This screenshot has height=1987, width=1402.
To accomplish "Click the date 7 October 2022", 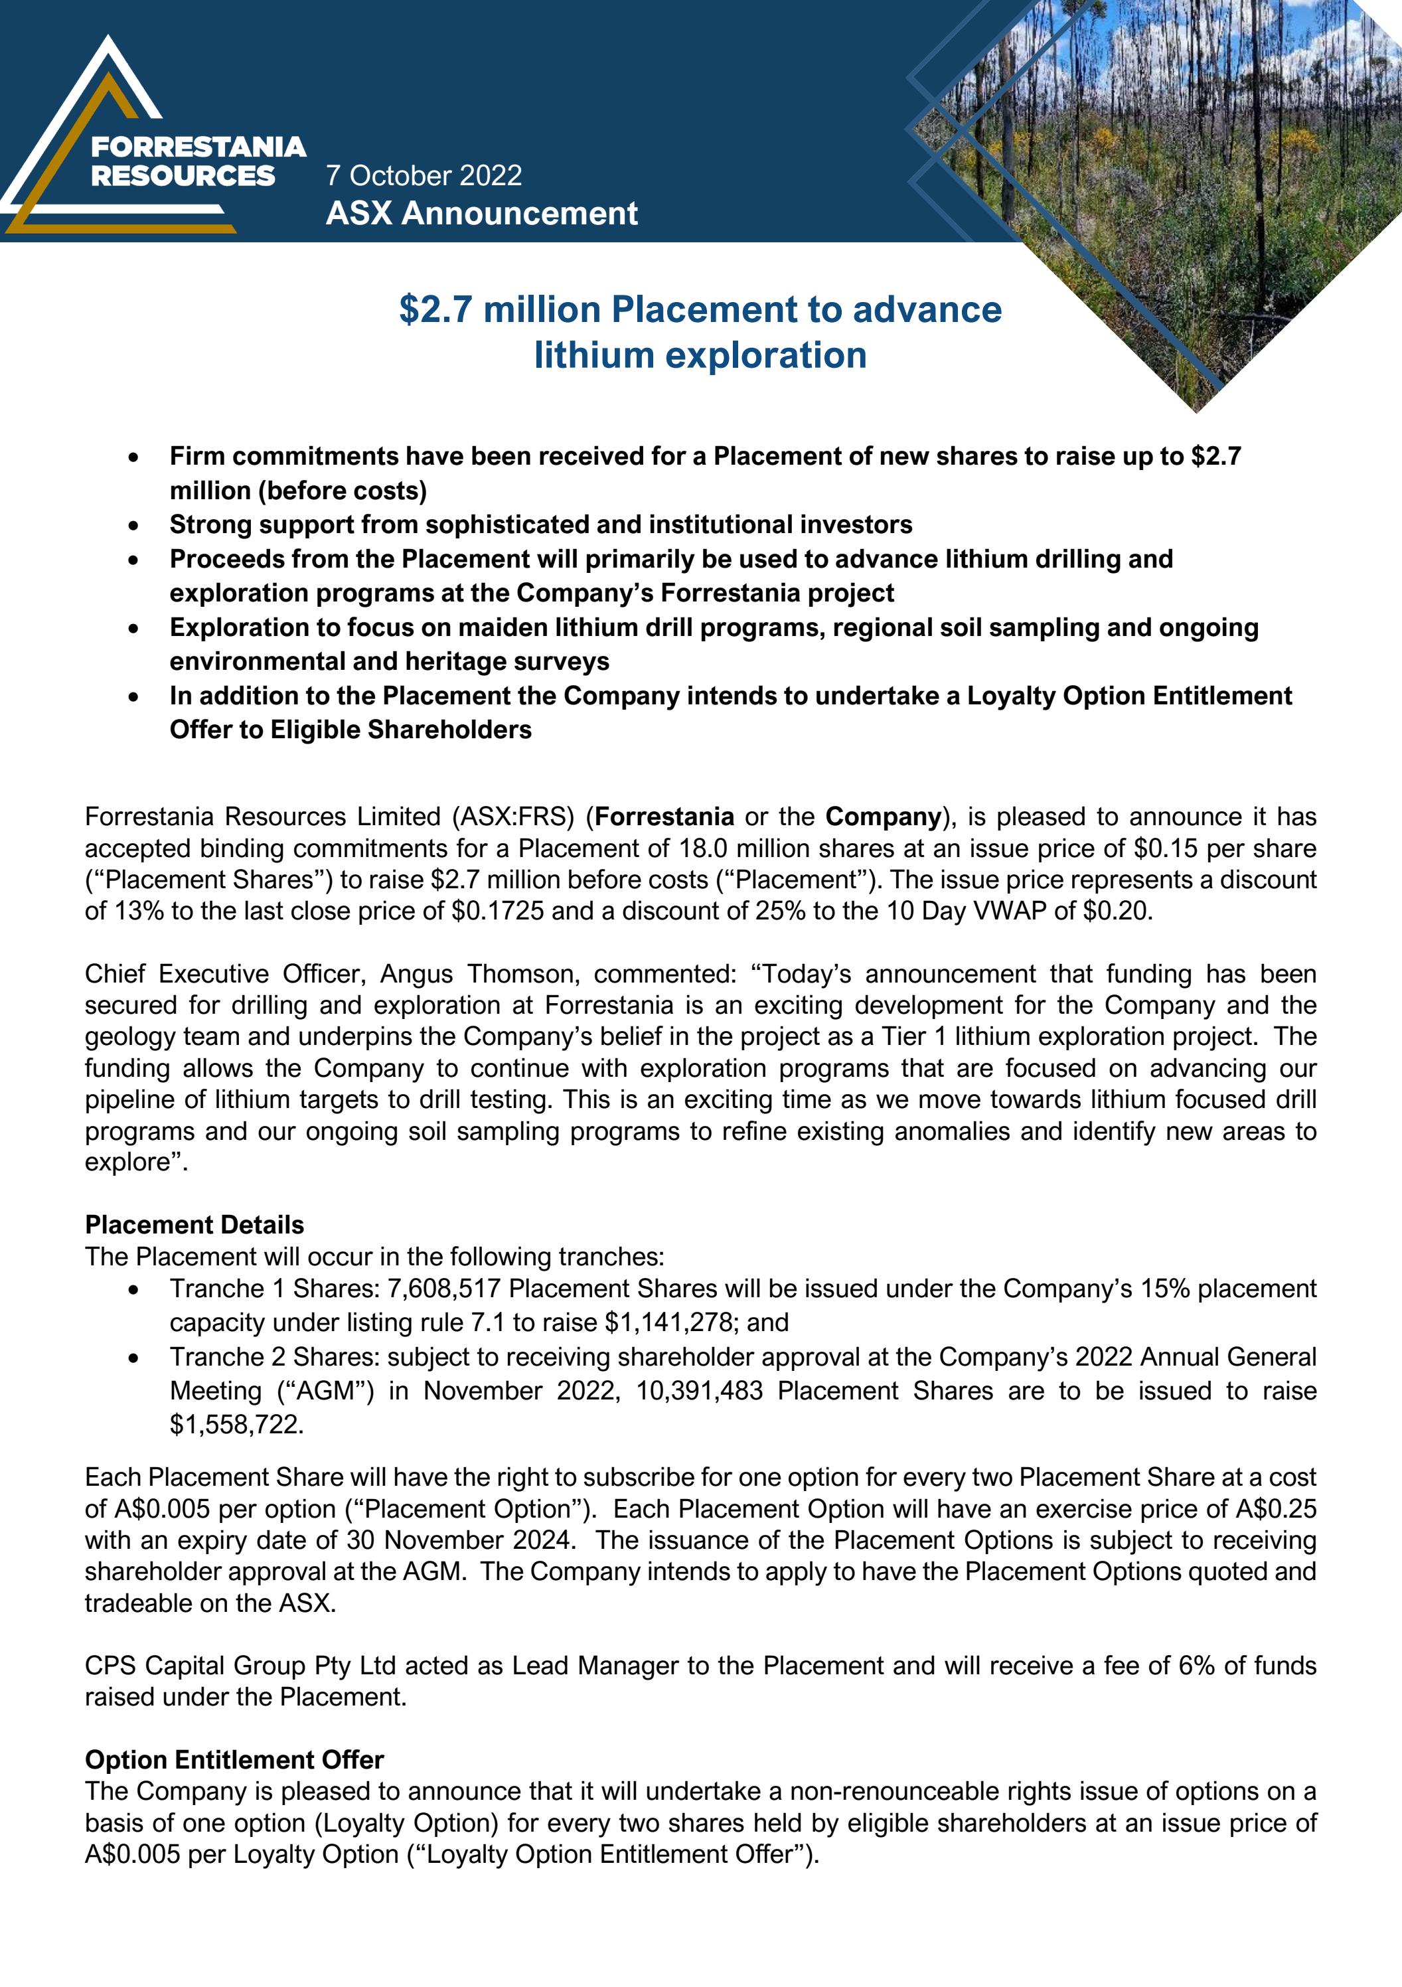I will [x=424, y=176].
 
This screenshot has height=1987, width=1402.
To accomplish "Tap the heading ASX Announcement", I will [x=481, y=214].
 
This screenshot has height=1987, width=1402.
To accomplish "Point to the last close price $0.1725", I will [x=498, y=912].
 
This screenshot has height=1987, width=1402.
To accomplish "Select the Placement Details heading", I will [x=194, y=1225].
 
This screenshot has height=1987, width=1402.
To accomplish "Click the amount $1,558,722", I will [x=236, y=1425].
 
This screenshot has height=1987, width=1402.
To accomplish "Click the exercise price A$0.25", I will [x=1276, y=1508].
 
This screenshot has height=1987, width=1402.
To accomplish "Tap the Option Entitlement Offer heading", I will [x=234, y=1760].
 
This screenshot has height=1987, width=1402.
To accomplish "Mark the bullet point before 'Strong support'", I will [x=133, y=525].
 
